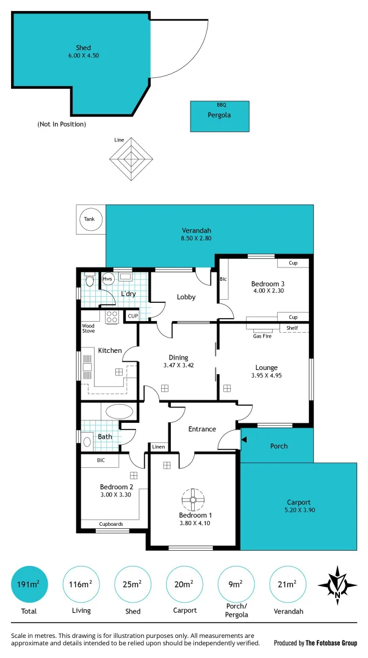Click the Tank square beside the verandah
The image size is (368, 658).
pos(90,219)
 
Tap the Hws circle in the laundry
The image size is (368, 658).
pos(108,279)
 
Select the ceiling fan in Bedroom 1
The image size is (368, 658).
pos(192,500)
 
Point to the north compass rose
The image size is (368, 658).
pos(337,584)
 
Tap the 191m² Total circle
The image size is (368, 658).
pos(29,584)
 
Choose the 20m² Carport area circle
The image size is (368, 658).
pos(185,584)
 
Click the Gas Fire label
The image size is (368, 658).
pos(262,336)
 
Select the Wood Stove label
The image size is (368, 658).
pos(88,328)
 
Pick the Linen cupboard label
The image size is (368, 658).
pos(158,447)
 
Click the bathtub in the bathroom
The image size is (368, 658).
pos(119,411)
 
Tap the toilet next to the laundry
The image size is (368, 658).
pos(90,281)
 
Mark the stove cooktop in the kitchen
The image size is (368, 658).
pos(113,316)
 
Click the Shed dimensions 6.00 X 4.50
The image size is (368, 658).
pos(84,55)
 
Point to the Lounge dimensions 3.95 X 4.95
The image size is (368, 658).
pos(266,375)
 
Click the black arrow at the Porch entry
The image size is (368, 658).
pos(244,438)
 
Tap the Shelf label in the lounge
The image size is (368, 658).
pos(292,328)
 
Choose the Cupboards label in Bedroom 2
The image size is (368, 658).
pos(111,524)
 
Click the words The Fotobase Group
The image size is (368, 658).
pos(331,643)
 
